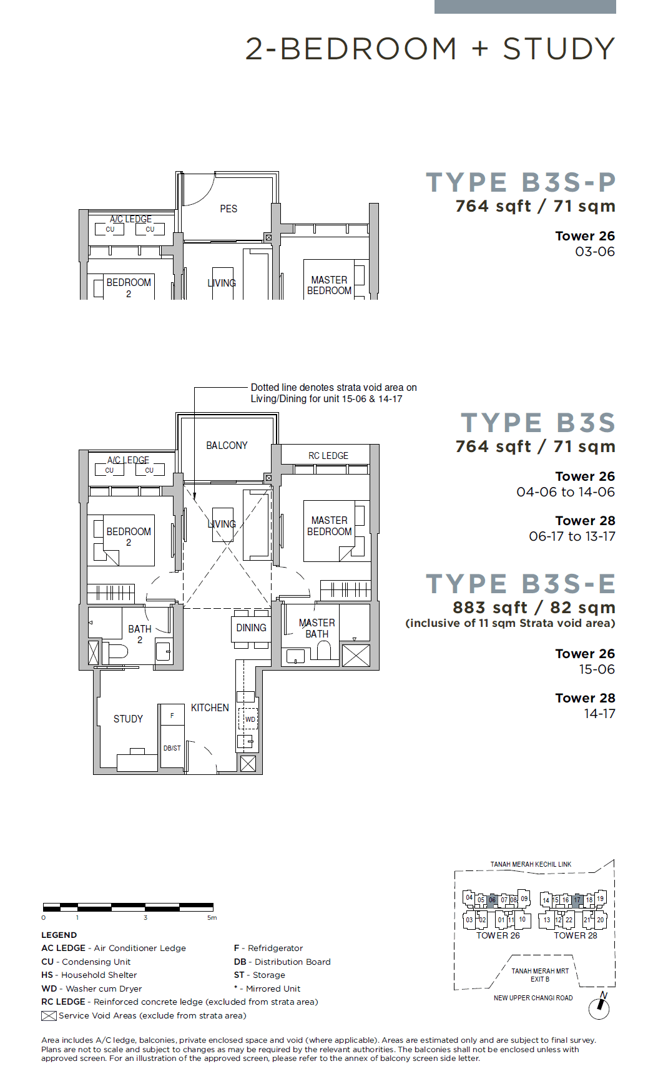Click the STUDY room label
click(128, 719)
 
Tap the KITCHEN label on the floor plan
click(210, 708)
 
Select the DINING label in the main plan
click(251, 628)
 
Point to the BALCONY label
click(227, 446)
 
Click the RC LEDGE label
click(328, 456)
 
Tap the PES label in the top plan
click(228, 209)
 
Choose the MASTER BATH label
click(317, 628)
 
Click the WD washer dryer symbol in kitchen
click(250, 719)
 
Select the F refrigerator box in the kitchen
click(172, 715)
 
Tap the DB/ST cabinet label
click(172, 748)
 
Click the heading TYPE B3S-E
click(521, 584)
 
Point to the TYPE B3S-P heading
click(521, 183)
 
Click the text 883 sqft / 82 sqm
click(534, 608)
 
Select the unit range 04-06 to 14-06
click(566, 492)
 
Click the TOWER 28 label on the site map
click(576, 935)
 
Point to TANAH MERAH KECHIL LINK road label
click(531, 865)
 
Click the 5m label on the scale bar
click(212, 918)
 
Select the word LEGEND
click(59, 935)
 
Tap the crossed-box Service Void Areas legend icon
click(49, 1016)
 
